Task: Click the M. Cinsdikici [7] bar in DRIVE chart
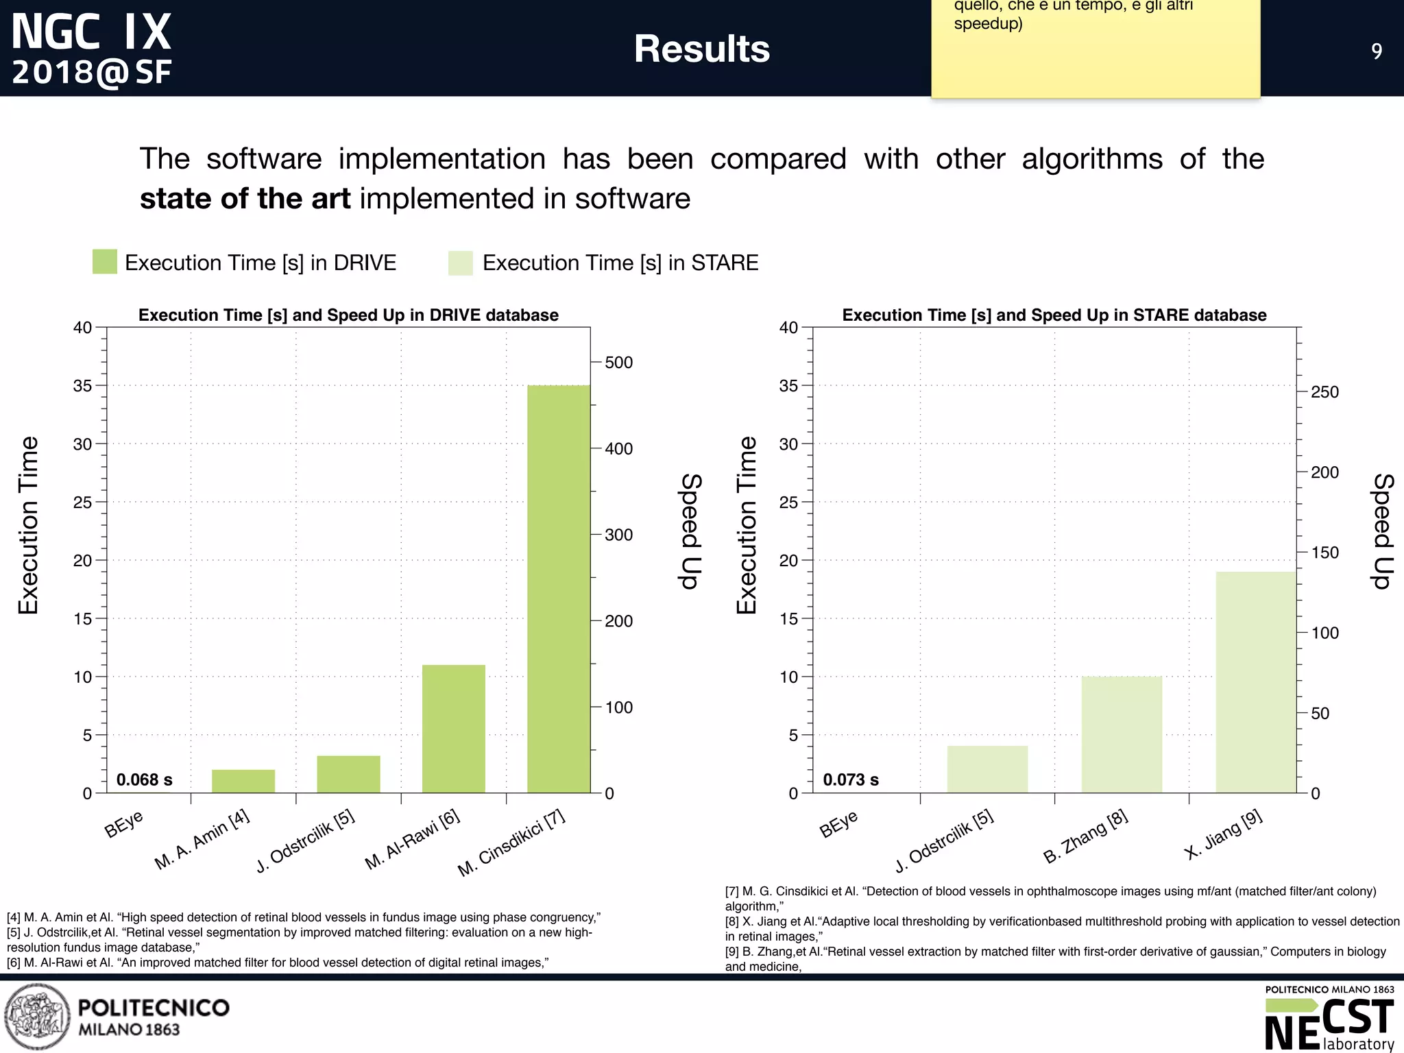coord(559,590)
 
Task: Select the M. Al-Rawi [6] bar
coord(454,729)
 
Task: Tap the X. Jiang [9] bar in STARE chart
coord(1256,682)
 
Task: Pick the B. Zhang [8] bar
coord(1122,735)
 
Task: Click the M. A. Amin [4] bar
coord(243,782)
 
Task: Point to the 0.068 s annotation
coord(145,779)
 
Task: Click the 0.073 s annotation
coord(851,779)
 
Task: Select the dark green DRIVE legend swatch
coord(105,262)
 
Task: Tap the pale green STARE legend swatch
coord(461,263)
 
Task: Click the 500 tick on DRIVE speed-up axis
coord(618,363)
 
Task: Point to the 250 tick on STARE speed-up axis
coord(1324,392)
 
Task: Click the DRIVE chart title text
coord(348,315)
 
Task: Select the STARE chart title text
coord(1054,315)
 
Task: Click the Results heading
coord(701,49)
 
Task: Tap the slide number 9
coord(1377,51)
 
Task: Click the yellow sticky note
coord(1095,55)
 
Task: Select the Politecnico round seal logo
coord(38,1017)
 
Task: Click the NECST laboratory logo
coord(1329,1019)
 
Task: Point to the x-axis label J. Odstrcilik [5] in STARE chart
coord(945,840)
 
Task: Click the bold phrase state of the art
coord(245,199)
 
